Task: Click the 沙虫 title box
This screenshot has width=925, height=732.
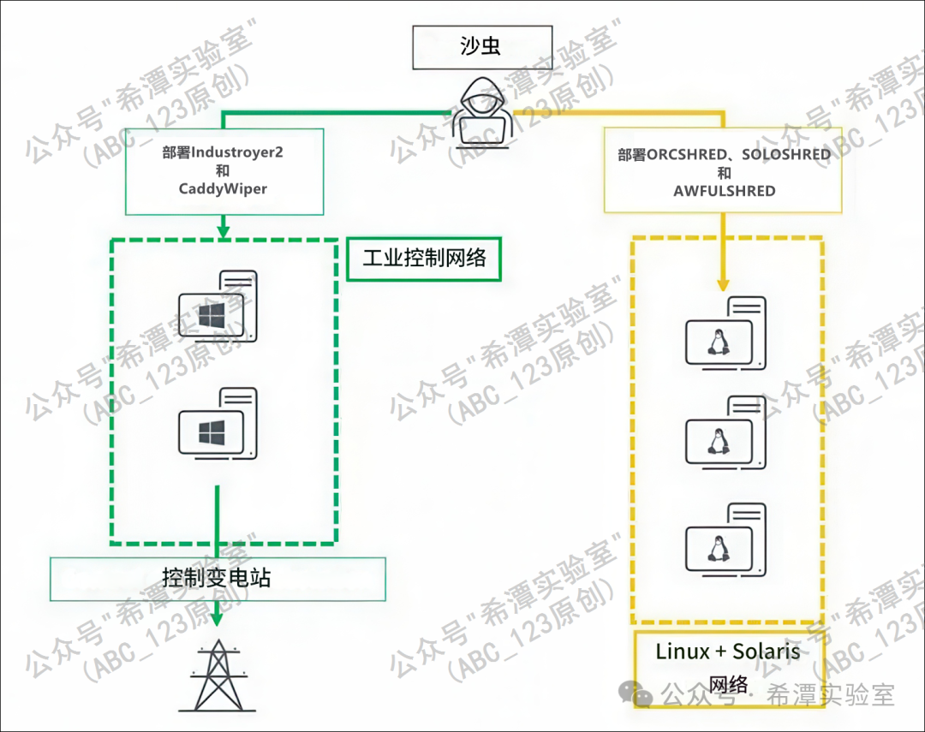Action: pos(480,47)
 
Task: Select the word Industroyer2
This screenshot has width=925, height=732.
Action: pos(237,153)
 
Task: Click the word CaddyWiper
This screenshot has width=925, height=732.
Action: pos(224,188)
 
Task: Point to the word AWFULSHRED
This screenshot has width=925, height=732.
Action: pos(725,191)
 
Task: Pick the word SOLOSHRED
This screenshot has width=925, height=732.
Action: pos(786,155)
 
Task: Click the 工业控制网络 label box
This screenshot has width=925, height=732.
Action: pos(424,258)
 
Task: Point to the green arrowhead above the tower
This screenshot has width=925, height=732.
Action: pos(218,616)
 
